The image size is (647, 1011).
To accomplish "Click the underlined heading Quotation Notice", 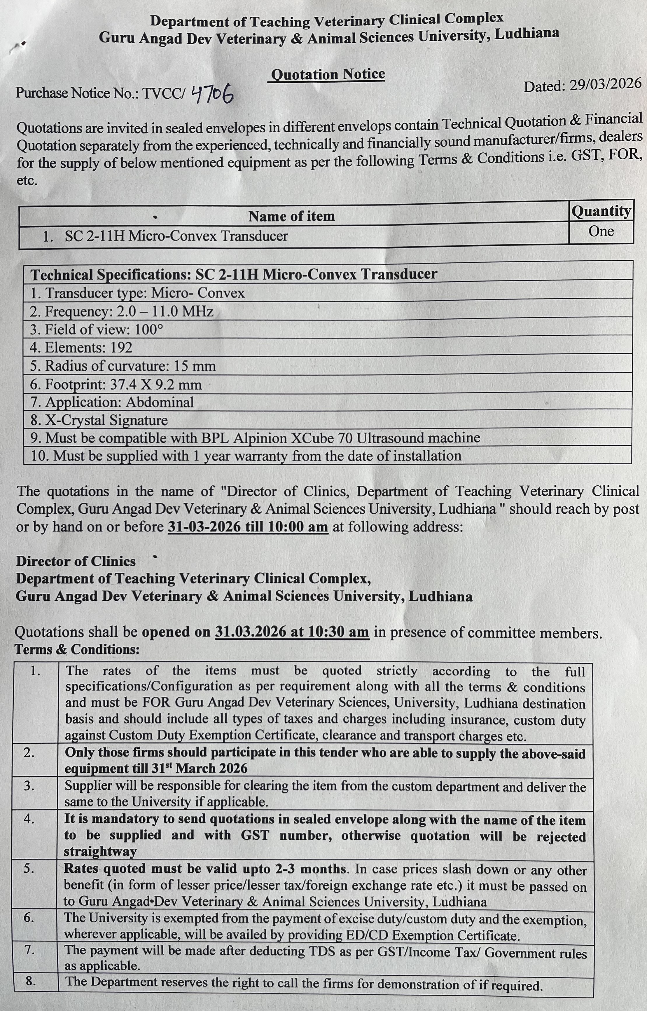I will tap(328, 74).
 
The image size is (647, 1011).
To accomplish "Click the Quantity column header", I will tap(601, 211).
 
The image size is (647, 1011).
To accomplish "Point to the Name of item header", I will tap(292, 216).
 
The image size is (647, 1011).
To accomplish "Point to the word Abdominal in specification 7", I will tap(160, 402).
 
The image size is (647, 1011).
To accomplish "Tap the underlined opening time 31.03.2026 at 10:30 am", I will tap(292, 632).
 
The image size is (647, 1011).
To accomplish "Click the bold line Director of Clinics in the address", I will tap(76, 562).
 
